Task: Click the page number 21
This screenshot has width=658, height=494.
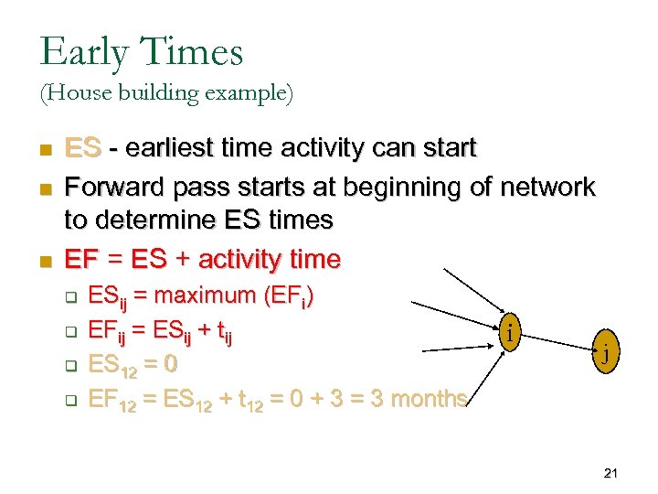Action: tap(611, 473)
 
